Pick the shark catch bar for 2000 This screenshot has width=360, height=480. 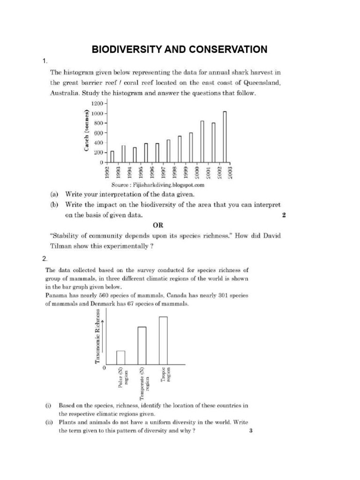point(202,142)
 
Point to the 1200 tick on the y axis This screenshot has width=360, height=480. point(102,104)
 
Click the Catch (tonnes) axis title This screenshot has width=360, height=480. point(87,130)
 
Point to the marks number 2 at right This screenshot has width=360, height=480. point(284,215)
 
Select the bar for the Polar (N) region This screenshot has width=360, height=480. point(120,357)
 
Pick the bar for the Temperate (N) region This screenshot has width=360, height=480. point(142,345)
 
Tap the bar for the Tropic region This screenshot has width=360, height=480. point(163,340)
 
